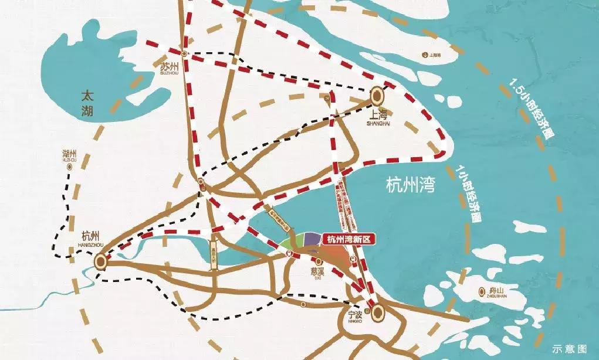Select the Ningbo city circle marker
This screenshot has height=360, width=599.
pos(376,312)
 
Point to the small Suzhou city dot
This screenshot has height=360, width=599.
pos(184,53)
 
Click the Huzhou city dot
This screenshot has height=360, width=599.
pos(69,167)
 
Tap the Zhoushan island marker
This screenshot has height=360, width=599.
pos(482,289)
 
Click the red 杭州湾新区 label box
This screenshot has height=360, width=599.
pos(349,239)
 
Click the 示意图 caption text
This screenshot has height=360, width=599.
pos(568,348)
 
